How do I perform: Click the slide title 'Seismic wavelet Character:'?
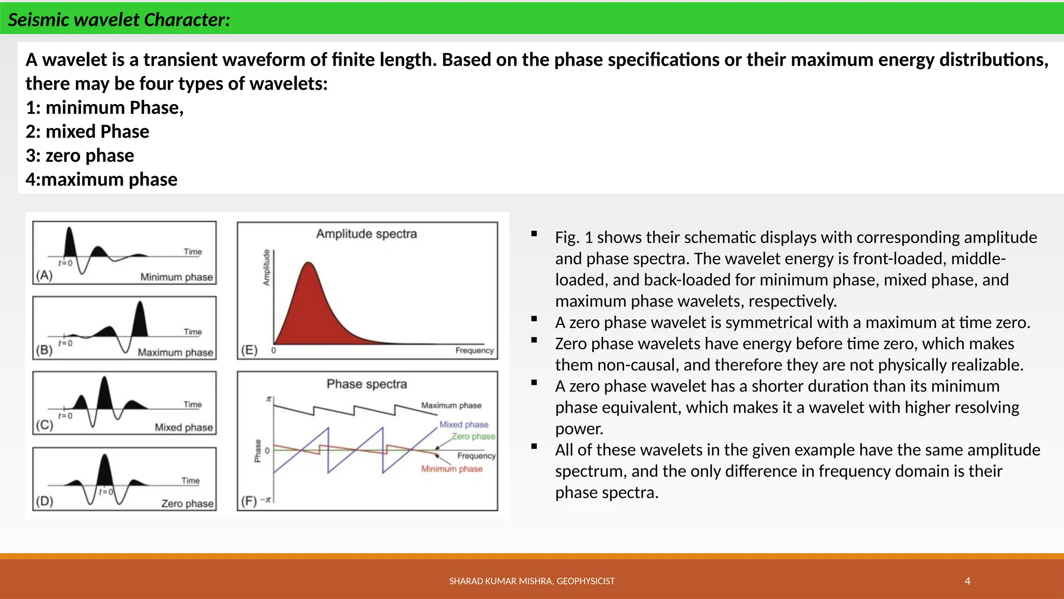[119, 20]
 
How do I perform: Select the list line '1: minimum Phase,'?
[104, 108]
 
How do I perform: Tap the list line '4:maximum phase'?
[101, 179]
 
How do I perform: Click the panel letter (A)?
[44, 275]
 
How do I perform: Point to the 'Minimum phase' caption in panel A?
[176, 277]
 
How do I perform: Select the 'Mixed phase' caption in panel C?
[183, 427]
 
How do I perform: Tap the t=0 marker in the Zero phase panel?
[106, 491]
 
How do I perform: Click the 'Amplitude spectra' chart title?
[366, 234]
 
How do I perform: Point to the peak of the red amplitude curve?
[309, 264]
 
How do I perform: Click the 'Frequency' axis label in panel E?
[474, 350]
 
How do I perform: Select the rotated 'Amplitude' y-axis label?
[267, 267]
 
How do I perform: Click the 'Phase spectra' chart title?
[366, 384]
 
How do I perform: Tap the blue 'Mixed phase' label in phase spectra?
[463, 424]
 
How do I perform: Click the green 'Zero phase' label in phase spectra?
[473, 436]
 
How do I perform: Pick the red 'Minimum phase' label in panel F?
[451, 468]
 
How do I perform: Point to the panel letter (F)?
[249, 501]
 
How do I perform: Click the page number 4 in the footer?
[967, 581]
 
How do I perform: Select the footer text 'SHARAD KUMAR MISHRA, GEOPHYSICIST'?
[531, 581]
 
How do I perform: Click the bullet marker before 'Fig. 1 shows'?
[534, 234]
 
